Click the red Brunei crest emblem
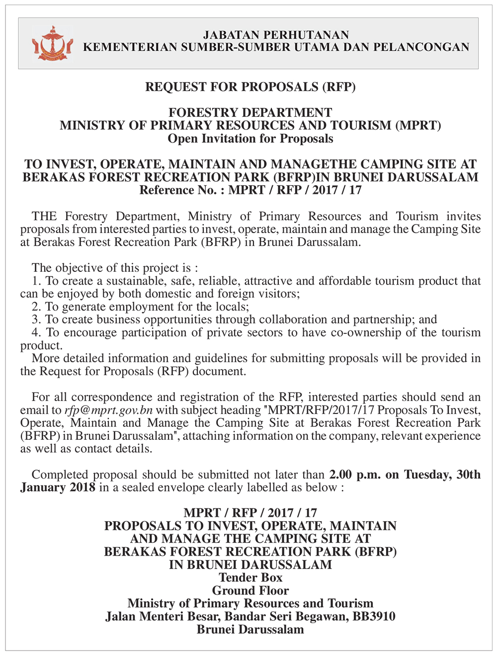52,44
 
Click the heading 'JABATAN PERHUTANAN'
276,35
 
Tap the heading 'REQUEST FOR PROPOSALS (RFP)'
250,87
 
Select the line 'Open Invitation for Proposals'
250,139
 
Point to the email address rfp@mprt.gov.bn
108,410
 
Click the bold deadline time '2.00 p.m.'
355,475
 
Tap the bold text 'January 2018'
58,488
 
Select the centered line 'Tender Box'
250,578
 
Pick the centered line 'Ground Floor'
250,591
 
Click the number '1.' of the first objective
36,281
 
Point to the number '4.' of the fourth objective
36,333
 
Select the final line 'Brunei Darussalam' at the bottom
250,630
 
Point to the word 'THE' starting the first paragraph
45,217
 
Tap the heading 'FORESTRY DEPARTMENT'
250,113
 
